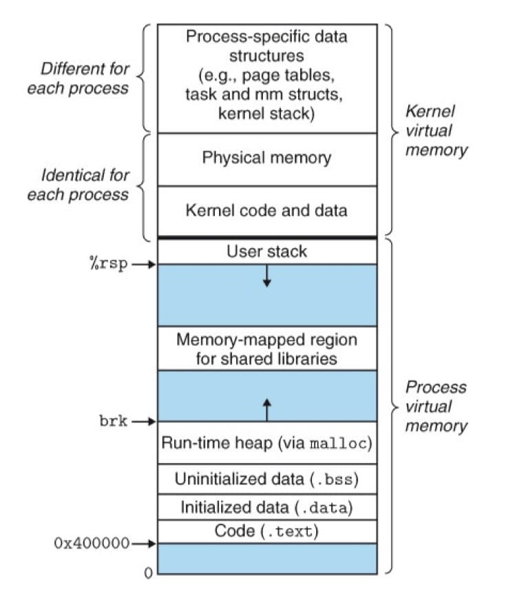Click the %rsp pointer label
(x=109, y=265)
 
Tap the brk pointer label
(x=114, y=421)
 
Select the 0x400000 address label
(x=92, y=542)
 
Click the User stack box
(x=266, y=252)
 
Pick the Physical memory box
(x=266, y=158)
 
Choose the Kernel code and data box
(x=266, y=210)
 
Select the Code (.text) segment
(x=266, y=531)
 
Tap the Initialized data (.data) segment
(x=266, y=507)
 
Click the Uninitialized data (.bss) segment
(x=266, y=478)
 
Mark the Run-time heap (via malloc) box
(x=266, y=442)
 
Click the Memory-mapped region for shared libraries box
(x=266, y=349)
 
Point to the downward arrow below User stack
(x=267, y=276)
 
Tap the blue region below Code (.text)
(x=266, y=558)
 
